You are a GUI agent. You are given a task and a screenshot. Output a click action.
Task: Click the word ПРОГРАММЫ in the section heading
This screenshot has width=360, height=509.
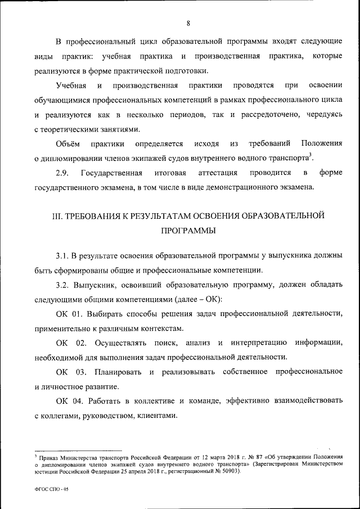[188, 231]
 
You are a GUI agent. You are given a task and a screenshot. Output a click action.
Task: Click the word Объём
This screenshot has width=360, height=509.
[68, 143]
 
